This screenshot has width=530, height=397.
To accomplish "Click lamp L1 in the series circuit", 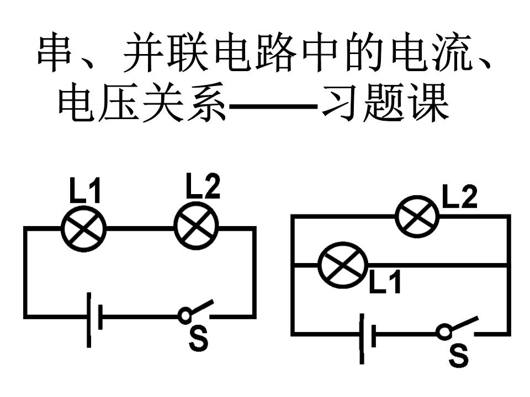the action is [x=83, y=228].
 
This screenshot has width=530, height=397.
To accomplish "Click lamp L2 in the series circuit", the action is [x=196, y=226].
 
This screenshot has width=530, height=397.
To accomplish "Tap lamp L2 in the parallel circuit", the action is [x=417, y=216].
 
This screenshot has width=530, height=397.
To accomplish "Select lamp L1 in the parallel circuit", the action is [x=343, y=265].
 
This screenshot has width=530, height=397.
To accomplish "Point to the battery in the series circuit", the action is [x=94, y=320].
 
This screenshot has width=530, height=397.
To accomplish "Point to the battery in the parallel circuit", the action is [x=368, y=338].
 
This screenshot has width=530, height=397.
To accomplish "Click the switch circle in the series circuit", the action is [x=185, y=315].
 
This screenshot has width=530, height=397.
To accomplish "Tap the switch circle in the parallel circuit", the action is [x=443, y=332].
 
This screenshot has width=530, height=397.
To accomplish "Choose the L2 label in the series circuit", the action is [x=203, y=186].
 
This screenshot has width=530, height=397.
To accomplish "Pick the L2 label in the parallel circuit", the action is [x=460, y=196].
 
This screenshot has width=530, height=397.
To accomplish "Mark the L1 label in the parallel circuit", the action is [x=385, y=281].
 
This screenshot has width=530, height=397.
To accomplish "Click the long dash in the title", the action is [x=273, y=106].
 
